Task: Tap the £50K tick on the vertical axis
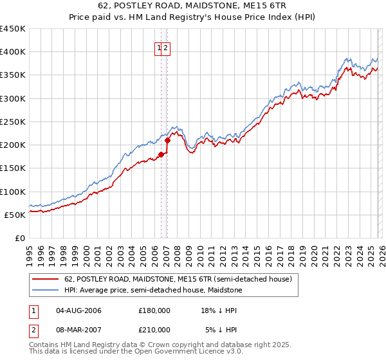coord(14,215)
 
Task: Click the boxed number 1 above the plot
coord(158,47)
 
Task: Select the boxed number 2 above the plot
coord(165,47)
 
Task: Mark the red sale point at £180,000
coord(161,154)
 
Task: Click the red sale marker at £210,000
coord(167,140)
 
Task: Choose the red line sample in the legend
coord(46,279)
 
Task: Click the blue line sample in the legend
coord(46,290)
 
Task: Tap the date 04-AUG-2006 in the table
coord(79,310)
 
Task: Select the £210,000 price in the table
coord(154,329)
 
